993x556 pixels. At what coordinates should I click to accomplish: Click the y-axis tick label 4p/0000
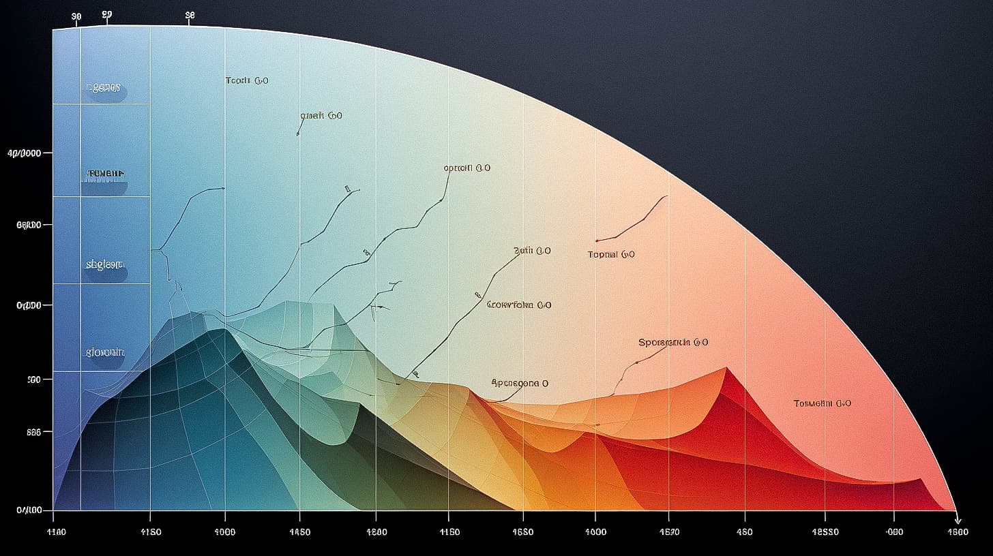click(24, 153)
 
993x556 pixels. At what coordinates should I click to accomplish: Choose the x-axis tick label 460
click(744, 532)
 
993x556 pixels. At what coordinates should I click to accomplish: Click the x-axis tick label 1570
click(669, 532)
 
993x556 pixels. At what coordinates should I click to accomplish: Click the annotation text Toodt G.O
click(247, 80)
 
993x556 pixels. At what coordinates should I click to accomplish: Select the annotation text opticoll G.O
click(466, 168)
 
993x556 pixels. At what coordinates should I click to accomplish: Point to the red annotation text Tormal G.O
click(611, 254)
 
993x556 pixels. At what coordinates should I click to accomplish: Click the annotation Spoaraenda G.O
click(672, 342)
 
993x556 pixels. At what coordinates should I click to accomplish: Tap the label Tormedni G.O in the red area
click(822, 403)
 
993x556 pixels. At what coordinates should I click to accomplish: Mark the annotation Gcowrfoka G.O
click(519, 305)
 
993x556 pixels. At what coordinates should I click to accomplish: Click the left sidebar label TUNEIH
click(106, 174)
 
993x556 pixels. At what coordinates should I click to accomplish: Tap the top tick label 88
click(190, 14)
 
